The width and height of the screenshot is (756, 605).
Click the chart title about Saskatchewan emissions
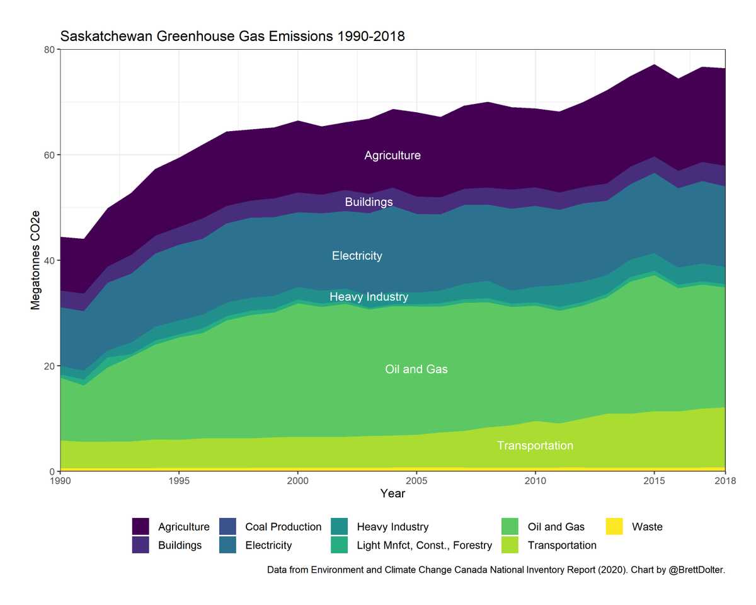click(x=232, y=37)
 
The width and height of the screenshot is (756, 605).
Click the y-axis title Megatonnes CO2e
click(x=36, y=260)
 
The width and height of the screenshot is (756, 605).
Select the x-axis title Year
click(x=392, y=494)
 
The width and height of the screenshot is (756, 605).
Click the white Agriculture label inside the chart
click(x=392, y=156)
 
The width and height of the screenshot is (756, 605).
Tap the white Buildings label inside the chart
click(x=369, y=202)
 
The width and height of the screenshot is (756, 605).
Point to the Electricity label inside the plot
click(x=357, y=256)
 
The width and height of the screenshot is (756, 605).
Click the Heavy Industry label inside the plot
click(x=369, y=297)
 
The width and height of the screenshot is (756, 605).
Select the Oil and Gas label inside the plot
click(x=416, y=369)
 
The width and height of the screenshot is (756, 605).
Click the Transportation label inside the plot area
click(x=535, y=446)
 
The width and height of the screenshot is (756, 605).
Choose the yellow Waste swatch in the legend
click(x=614, y=527)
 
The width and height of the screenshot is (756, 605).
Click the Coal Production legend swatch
click(x=227, y=527)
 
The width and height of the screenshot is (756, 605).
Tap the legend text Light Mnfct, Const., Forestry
click(x=424, y=545)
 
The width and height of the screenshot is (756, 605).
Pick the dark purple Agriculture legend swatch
click(x=140, y=527)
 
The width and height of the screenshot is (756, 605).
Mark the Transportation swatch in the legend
click(x=510, y=545)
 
